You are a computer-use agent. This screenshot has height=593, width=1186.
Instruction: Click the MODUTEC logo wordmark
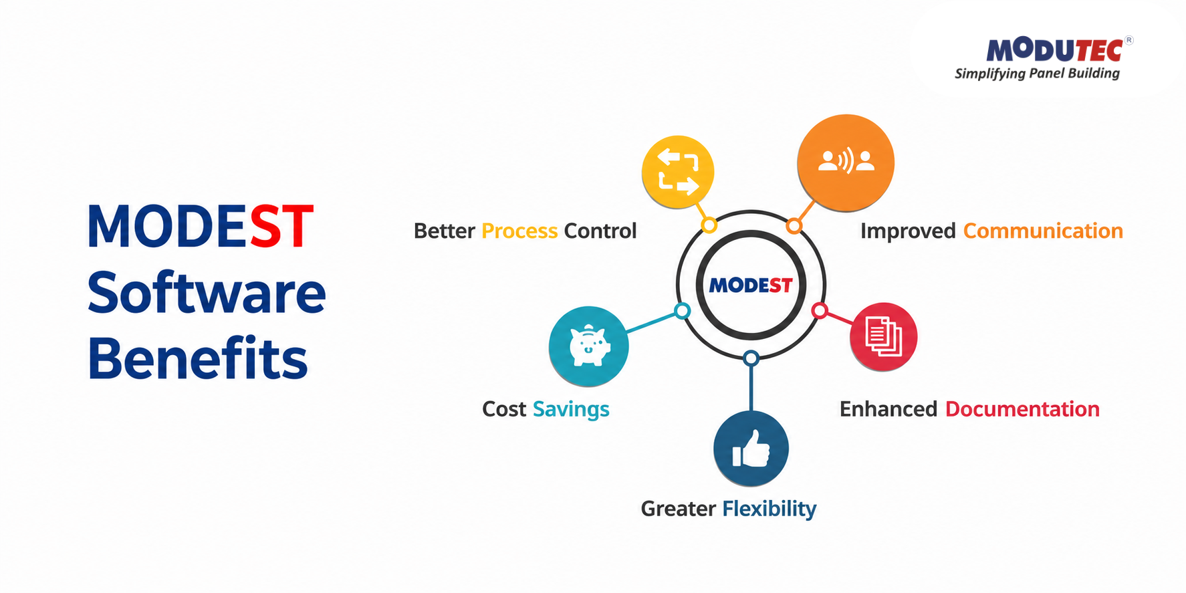(1054, 49)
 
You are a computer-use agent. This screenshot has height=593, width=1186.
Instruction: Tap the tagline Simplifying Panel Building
(1037, 74)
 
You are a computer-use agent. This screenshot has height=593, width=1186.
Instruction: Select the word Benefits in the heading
(198, 358)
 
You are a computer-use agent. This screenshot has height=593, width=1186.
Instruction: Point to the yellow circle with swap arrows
(678, 172)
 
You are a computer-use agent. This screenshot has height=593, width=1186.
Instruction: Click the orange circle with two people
(846, 162)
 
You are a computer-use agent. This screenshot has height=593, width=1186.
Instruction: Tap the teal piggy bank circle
(588, 346)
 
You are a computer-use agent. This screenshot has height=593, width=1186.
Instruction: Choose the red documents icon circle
(883, 336)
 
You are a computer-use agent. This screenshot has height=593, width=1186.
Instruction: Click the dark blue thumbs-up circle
(751, 448)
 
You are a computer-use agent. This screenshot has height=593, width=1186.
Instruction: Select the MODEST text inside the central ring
(751, 285)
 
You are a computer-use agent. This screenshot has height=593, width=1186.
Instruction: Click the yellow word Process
(519, 231)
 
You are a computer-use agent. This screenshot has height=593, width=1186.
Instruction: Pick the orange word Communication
(1043, 231)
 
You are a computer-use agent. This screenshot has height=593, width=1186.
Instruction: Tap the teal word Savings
(571, 409)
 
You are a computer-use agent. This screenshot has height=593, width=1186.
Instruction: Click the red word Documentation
(1022, 408)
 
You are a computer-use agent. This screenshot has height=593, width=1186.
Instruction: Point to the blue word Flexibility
(769, 509)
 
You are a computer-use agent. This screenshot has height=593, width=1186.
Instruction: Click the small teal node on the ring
(682, 311)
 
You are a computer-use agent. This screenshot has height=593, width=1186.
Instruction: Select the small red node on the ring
(820, 311)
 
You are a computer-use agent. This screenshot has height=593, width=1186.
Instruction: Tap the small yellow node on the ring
(709, 225)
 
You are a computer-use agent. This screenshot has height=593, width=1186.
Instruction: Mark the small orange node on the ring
(794, 226)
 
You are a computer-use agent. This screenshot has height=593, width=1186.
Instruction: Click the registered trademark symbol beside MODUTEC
(1129, 40)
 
